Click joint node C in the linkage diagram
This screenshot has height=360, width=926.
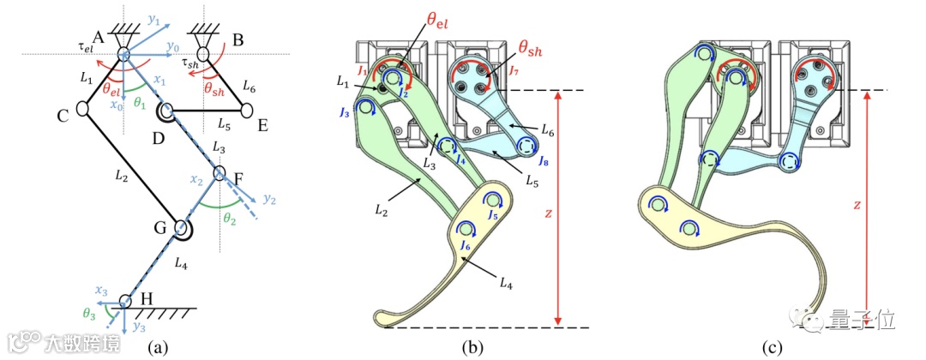(84, 109)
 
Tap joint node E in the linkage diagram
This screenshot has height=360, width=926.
(247, 110)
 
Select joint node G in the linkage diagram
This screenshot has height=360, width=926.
(182, 228)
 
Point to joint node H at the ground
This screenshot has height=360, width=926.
(125, 302)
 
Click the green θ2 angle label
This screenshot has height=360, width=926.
(229, 218)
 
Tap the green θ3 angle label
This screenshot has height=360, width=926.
(89, 314)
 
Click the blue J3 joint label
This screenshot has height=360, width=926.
(345, 112)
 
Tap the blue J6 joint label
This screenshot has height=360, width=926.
(466, 247)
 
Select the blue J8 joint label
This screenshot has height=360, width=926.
(544, 160)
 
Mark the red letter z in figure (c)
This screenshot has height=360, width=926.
(858, 205)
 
